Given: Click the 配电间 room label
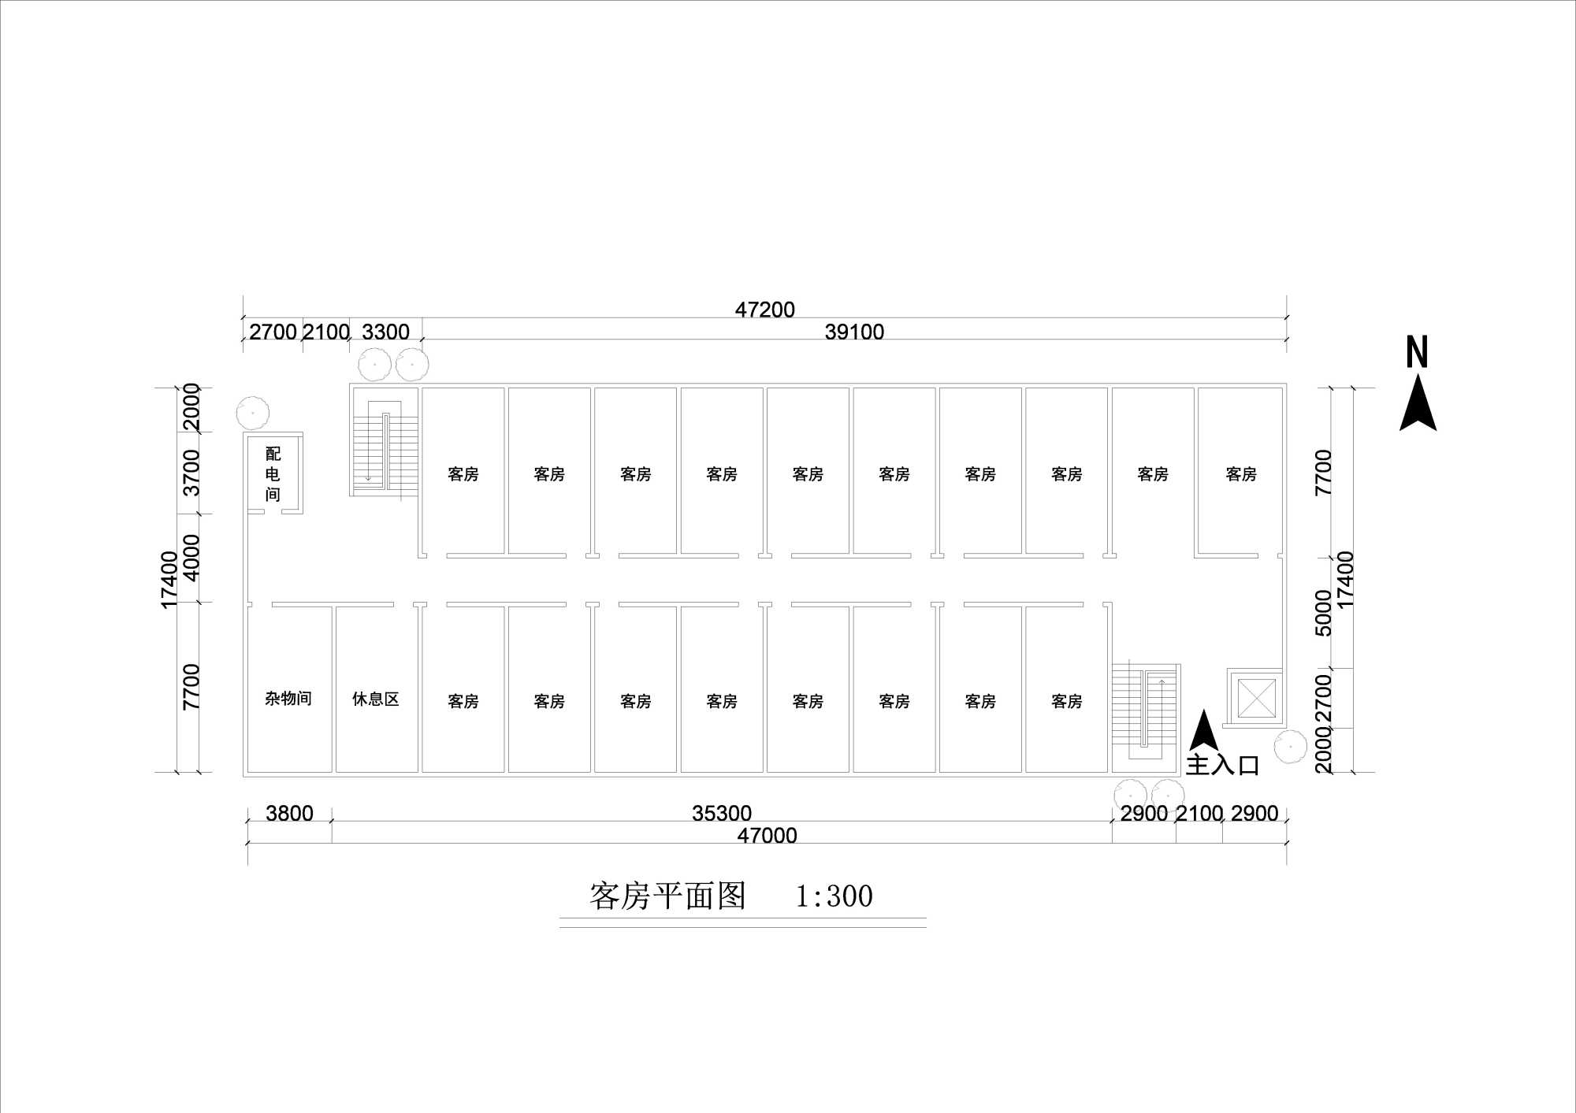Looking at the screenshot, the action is pos(273,473).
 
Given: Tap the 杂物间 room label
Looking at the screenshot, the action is pos(288,699).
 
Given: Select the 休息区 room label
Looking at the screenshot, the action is pos(376,699).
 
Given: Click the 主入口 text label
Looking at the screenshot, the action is pos(1222,765).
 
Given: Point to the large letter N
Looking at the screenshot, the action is pos(1417,352).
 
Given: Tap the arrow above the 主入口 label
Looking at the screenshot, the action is pos(1202,730).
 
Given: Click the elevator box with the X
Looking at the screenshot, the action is pos(1256,698).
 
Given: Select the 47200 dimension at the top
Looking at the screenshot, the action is pos(764,310).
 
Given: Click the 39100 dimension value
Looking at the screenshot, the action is pos(854,332).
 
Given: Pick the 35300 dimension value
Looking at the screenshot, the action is pos(722,813).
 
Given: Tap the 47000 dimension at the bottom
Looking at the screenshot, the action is pos(767,835).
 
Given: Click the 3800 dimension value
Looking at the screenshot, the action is pos(289,813).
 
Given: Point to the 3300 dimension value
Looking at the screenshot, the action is pos(385,332).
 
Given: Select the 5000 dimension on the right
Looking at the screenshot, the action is pos(1323,612).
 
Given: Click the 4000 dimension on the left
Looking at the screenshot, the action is pos(191,557).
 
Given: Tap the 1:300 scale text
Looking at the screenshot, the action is pos(834,896).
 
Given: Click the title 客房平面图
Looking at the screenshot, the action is pos(667,896).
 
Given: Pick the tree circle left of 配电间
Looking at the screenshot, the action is pos(253,413).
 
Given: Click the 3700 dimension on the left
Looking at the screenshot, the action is pos(191,473).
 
